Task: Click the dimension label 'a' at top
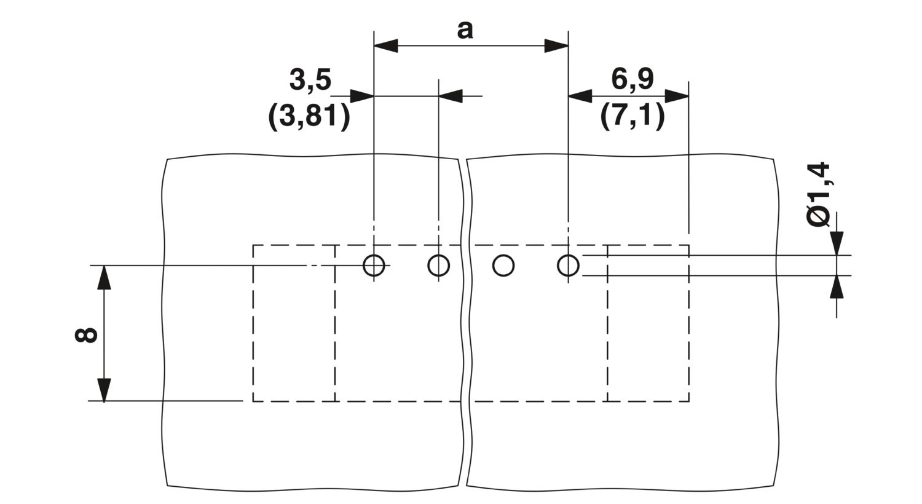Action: coord(465,31)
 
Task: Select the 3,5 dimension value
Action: coord(310,80)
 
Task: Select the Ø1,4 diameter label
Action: coord(818,194)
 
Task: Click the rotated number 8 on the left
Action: coord(86,335)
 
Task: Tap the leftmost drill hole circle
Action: coord(374,266)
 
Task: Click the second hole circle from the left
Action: coord(439,266)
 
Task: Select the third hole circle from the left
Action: coord(503,266)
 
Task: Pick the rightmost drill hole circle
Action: coord(568,266)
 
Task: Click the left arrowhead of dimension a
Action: coord(386,45)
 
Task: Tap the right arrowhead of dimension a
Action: coord(556,45)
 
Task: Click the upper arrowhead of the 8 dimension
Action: coord(104,277)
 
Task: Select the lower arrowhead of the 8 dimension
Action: coord(104,389)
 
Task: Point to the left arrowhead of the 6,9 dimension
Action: coord(580,96)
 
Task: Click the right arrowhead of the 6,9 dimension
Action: coord(677,96)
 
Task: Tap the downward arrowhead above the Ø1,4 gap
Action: coord(837,243)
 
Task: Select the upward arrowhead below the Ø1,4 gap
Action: coord(837,287)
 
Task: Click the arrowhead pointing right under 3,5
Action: coord(362,96)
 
